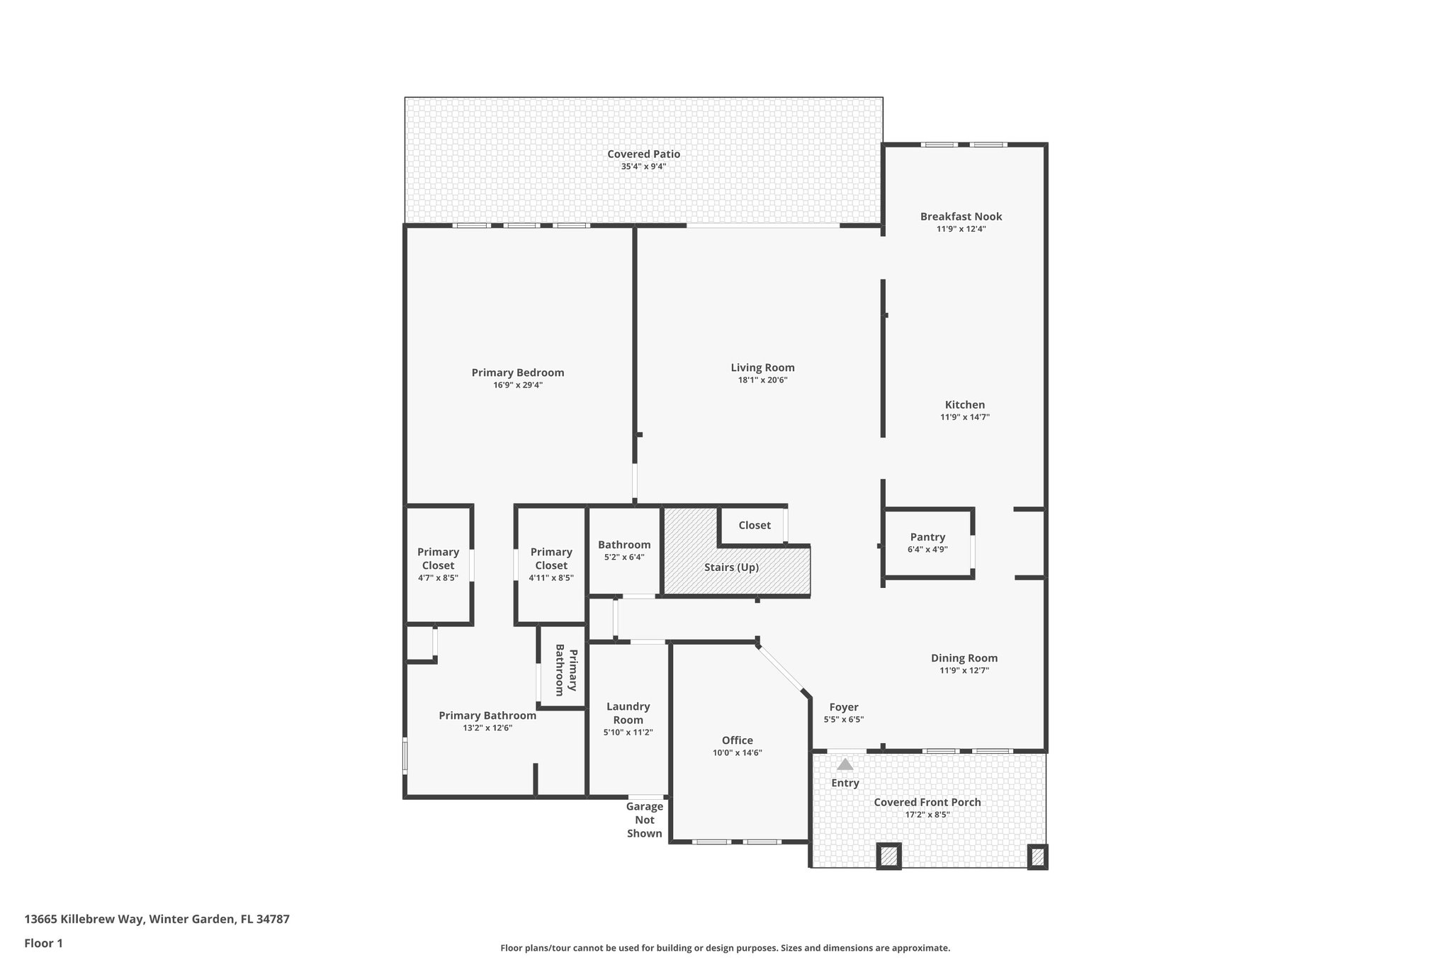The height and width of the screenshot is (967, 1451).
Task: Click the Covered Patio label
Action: pyautogui.click(x=643, y=154)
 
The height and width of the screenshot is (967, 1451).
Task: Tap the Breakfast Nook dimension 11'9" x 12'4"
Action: pyautogui.click(x=961, y=229)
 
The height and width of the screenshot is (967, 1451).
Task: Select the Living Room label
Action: pyautogui.click(x=762, y=368)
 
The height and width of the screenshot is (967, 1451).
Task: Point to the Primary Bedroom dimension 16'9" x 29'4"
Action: pyautogui.click(x=518, y=385)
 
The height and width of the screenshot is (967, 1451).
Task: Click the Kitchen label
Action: pyautogui.click(x=964, y=405)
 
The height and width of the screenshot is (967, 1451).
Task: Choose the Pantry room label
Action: pyautogui.click(x=927, y=537)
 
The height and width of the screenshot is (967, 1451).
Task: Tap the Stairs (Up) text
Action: pyautogui.click(x=731, y=567)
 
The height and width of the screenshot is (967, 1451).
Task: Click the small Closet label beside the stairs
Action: pyautogui.click(x=754, y=525)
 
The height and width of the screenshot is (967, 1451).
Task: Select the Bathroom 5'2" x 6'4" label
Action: pyautogui.click(x=623, y=545)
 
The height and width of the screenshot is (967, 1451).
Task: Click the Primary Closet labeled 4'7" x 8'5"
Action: pyautogui.click(x=438, y=564)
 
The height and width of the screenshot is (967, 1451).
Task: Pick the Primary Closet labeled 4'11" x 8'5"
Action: pyautogui.click(x=551, y=564)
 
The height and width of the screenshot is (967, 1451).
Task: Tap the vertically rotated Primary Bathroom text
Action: pyautogui.click(x=566, y=670)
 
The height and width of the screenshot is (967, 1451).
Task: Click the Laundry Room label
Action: pyautogui.click(x=628, y=713)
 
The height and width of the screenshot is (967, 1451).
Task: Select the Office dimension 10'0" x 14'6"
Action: pyautogui.click(x=737, y=753)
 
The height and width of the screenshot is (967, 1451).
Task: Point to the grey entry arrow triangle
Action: pyautogui.click(x=845, y=764)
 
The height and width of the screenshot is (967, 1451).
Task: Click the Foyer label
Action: pyautogui.click(x=843, y=707)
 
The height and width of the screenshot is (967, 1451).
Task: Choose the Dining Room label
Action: pyautogui.click(x=964, y=658)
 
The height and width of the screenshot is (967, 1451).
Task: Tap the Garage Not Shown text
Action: pyautogui.click(x=644, y=820)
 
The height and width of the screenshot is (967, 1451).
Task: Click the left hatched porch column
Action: pyautogui.click(x=888, y=856)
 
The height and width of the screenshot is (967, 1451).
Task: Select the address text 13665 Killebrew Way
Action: pyautogui.click(x=85, y=919)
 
